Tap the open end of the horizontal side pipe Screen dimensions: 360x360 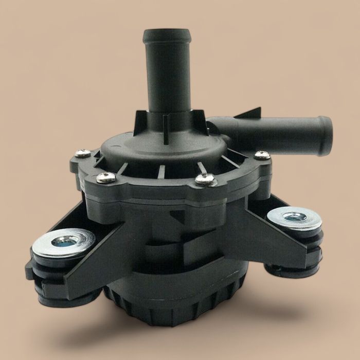coord(325,129)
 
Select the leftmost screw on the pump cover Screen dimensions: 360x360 coord(82,153)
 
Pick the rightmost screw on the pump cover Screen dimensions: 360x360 coord(262,154)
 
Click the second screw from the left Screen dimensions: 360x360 coord(106,177)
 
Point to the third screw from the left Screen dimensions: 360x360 coord(205,179)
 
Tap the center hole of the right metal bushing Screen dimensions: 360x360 coord(296,217)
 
